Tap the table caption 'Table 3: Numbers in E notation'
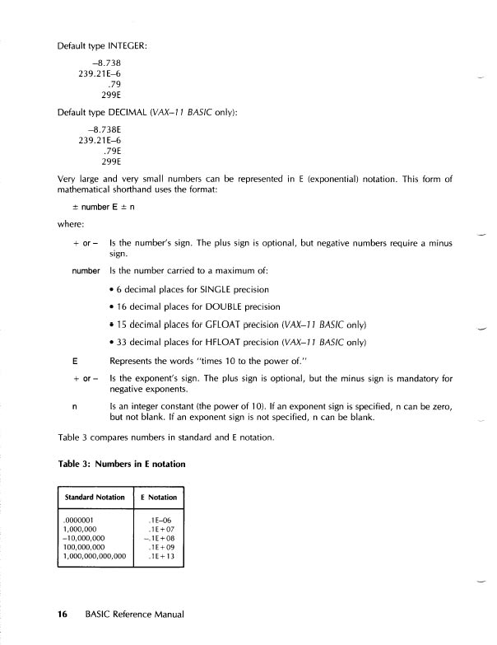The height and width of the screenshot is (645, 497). (x=122, y=464)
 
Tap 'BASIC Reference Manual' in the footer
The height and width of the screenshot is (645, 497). (x=133, y=614)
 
